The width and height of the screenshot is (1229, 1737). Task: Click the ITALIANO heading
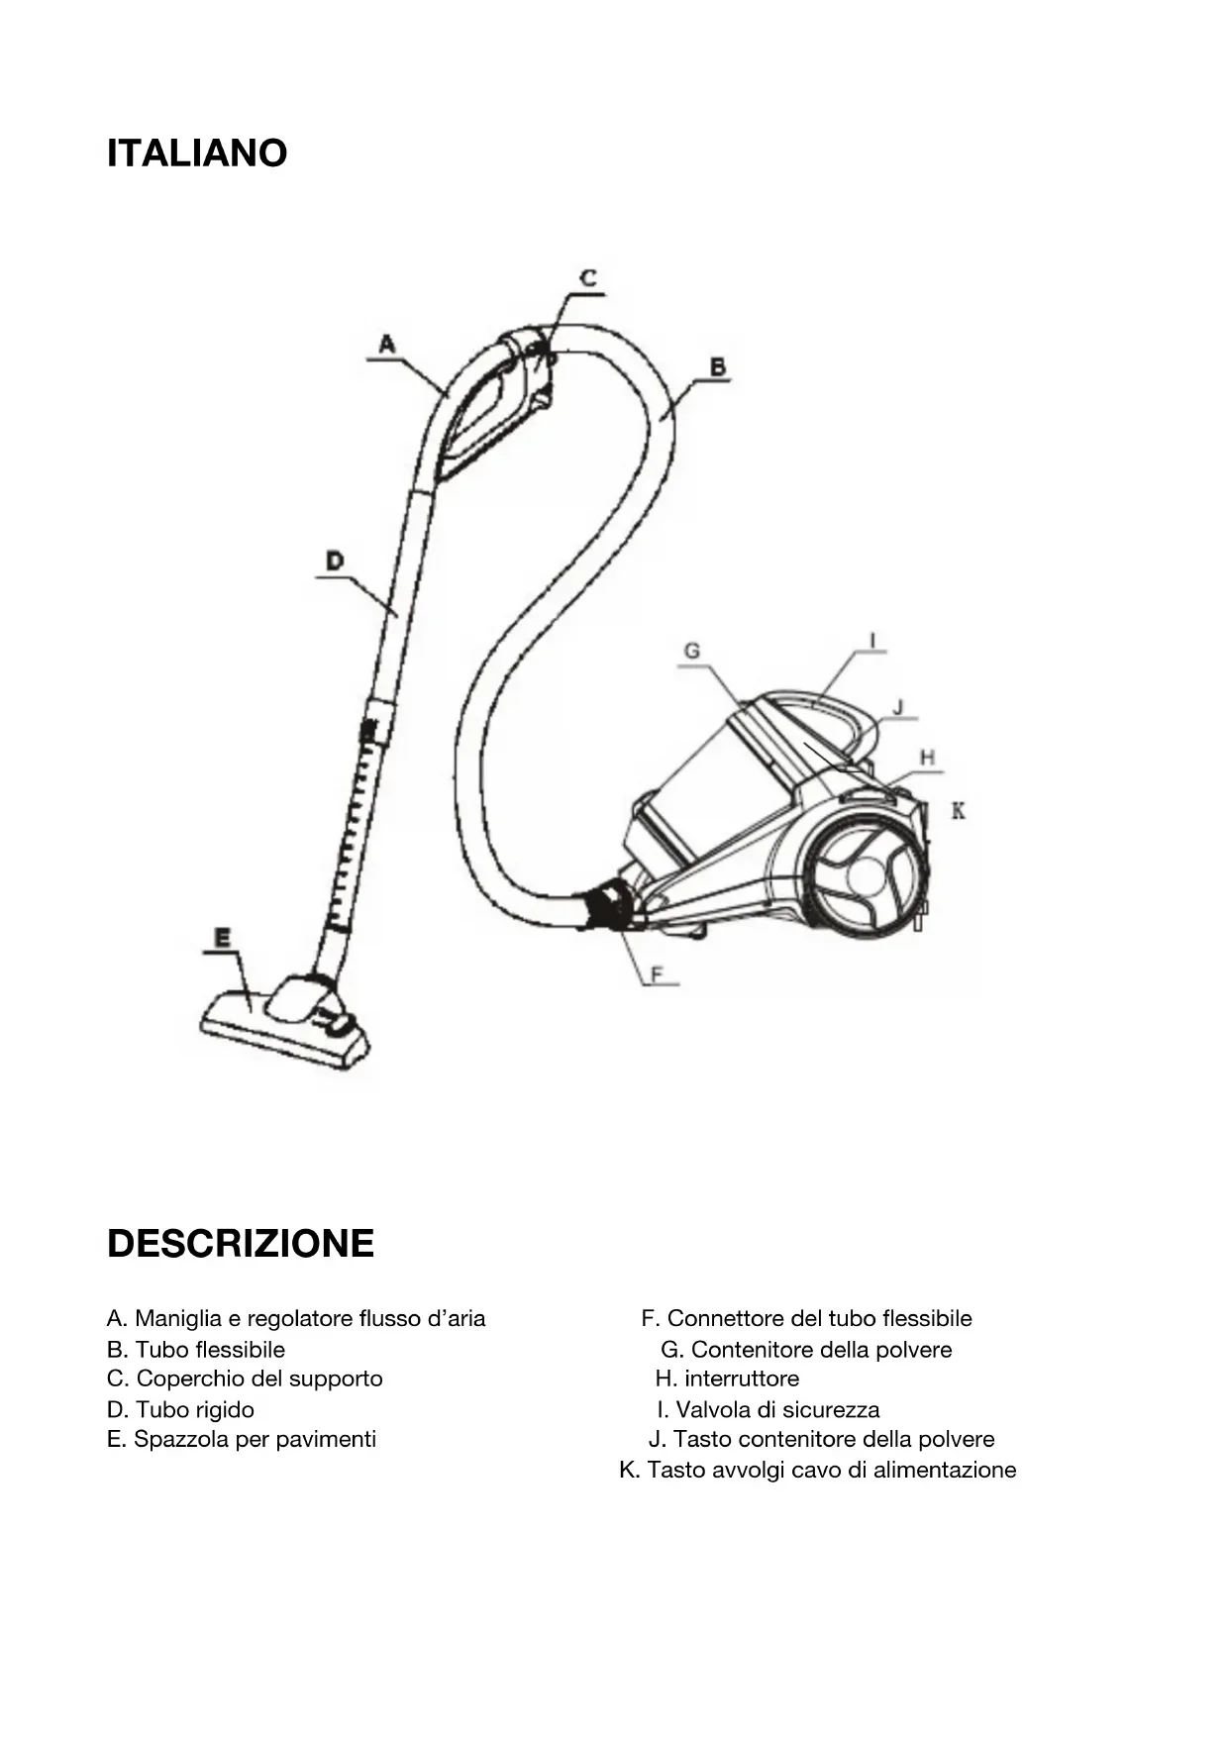coord(197,153)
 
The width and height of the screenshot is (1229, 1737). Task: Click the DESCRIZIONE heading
coord(241,1243)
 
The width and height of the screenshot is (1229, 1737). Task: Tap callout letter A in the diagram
coord(387,344)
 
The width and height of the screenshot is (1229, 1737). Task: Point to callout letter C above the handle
coord(588,278)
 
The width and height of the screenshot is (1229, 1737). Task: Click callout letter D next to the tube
coord(335,562)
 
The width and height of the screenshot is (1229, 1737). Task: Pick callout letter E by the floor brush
coord(223,936)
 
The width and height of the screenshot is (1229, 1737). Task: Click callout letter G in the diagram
coord(692,651)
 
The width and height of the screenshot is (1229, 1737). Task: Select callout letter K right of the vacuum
coord(958,811)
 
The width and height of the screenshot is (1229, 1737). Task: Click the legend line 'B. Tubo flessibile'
coord(196,1350)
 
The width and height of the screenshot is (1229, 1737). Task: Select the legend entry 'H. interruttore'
coord(727,1379)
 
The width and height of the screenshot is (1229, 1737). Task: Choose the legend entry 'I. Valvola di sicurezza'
coord(768,1409)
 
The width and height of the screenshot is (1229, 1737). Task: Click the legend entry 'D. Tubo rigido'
coord(180,1409)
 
